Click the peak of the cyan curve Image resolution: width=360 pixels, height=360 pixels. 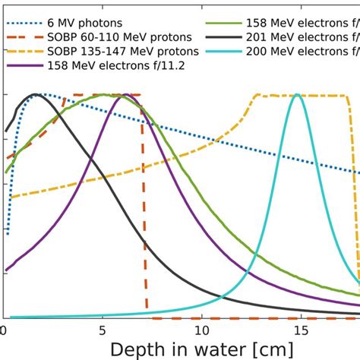pos(297,95)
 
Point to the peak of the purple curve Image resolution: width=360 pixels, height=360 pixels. pos(124,95)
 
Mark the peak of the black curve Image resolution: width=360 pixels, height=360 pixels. pos(35,95)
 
